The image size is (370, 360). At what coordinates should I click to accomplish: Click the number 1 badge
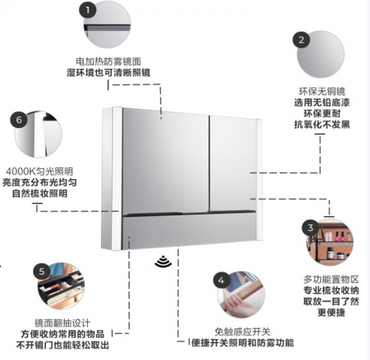click(87, 10)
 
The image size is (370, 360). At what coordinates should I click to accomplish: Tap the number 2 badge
click(301, 39)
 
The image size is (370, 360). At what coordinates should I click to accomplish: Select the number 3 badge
click(310, 227)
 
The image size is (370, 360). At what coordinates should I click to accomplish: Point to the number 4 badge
click(221, 280)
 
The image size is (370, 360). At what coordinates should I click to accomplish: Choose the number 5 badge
click(41, 271)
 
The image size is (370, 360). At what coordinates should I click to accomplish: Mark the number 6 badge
click(18, 120)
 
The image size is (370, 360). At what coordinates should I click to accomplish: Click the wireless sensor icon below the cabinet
click(163, 261)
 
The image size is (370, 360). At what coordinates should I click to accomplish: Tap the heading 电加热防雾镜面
click(109, 61)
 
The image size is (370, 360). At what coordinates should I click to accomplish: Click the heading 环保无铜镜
click(322, 91)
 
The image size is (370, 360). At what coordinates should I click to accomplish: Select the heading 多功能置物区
click(331, 279)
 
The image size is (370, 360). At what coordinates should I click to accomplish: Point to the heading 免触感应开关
click(243, 332)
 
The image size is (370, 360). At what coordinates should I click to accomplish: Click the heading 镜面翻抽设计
click(62, 323)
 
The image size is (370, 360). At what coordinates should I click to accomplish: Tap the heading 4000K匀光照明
click(39, 171)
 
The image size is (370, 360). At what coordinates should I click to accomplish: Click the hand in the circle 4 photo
click(235, 304)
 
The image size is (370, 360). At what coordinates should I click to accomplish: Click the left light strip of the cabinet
click(117, 179)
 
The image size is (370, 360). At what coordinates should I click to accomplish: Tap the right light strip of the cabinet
click(259, 179)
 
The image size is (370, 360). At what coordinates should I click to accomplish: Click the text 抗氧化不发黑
click(322, 124)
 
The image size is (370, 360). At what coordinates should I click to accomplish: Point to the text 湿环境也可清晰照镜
click(109, 73)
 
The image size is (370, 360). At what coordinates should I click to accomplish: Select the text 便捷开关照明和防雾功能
click(243, 343)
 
